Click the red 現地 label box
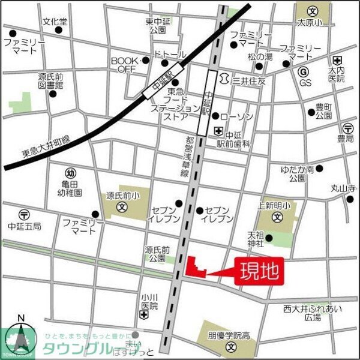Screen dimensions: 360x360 [259, 272]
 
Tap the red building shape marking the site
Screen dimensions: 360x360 [193, 268]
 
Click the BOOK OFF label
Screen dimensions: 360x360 [125, 65]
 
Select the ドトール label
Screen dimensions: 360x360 [170, 55]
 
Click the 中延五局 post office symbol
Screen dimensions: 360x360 [24, 214]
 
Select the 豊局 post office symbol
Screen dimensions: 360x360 [347, 128]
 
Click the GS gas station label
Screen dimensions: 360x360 [305, 82]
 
